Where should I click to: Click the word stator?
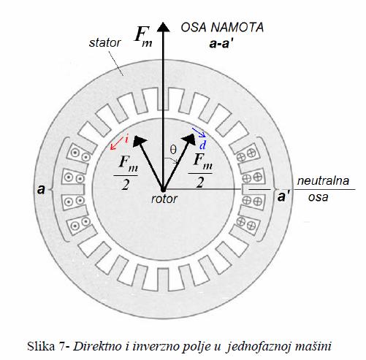coord(104,43)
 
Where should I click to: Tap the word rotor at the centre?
coord(164,199)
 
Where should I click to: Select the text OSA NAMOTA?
coord(222,27)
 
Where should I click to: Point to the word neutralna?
coord(323,181)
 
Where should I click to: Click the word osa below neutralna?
coord(318,197)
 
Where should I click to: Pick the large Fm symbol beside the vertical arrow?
coord(144,36)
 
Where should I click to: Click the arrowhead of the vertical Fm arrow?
coord(164,27)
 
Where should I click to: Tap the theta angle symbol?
coord(173,150)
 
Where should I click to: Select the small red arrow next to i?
coord(115,145)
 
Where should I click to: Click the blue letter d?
coord(202,145)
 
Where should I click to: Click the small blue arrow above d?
coord(199,132)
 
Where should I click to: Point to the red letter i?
coord(126,139)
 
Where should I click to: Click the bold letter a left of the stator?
coord(42,189)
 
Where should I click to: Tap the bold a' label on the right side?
coord(283,197)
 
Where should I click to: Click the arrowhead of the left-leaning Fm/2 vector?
coord(140,141)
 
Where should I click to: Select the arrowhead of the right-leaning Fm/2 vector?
coord(189,139)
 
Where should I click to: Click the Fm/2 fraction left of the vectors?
coord(126,173)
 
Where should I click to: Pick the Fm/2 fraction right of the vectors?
coord(201,171)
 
